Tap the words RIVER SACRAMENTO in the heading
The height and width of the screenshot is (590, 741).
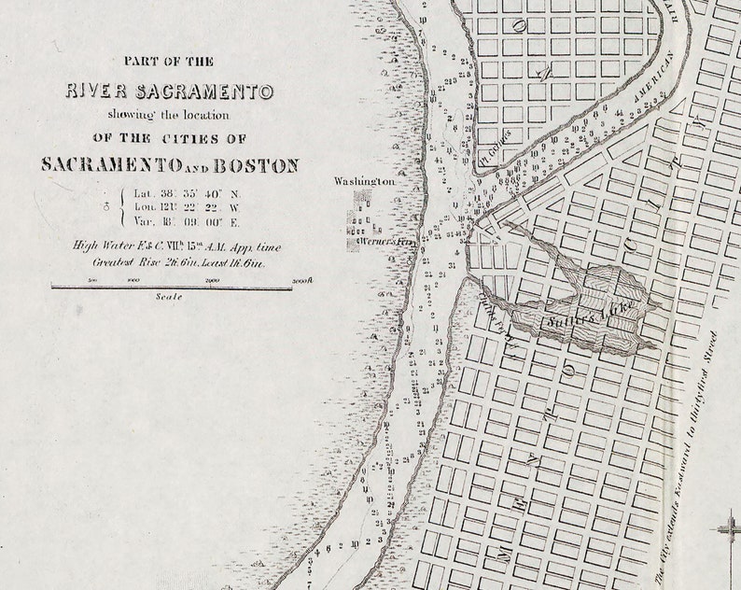(x=169, y=91)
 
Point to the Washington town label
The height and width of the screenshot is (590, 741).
(x=365, y=180)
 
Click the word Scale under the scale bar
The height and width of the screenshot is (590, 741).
(x=170, y=297)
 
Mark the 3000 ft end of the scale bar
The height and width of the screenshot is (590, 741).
(x=301, y=280)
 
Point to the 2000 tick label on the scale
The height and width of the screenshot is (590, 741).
(x=213, y=280)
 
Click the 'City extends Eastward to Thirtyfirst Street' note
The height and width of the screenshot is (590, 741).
(x=689, y=458)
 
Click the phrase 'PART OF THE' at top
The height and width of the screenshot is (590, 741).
(x=169, y=61)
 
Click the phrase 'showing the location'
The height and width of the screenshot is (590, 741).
(x=169, y=115)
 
